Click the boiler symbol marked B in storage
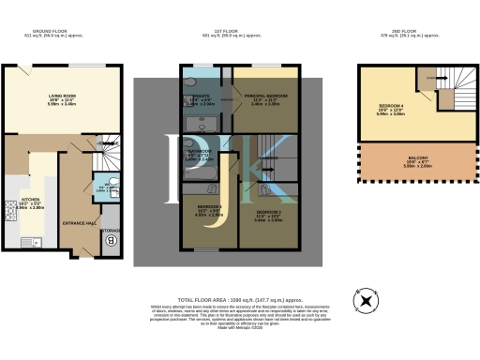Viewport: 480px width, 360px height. pos(112,238)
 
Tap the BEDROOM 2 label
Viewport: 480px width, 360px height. pos(268,212)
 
